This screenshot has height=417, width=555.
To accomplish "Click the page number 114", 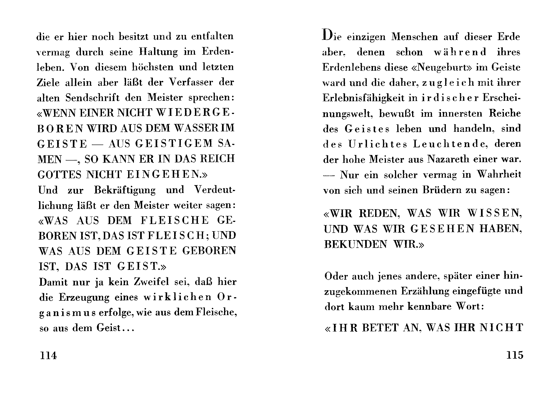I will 48,355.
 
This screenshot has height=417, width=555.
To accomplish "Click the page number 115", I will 515,355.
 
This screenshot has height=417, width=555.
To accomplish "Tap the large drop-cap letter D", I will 327,35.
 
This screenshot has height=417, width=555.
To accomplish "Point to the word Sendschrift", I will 92,98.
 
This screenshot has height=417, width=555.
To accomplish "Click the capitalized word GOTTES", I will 59,174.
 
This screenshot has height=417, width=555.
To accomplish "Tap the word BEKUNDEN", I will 355,244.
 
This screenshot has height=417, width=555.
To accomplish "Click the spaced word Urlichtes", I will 378,144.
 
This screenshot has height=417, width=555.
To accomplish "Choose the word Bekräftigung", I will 125,190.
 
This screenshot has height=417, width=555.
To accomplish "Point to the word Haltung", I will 158,52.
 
